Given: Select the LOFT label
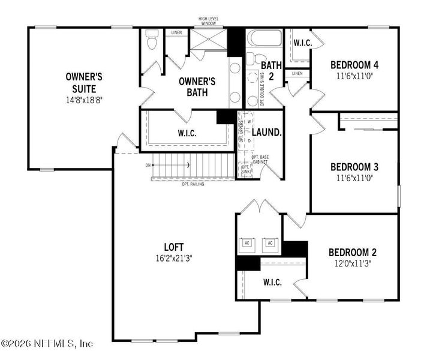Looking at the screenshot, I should [174, 247].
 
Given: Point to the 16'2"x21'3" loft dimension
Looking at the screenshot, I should [173, 257].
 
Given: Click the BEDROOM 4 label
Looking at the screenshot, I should [354, 65].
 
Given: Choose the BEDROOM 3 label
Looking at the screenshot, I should [354, 167].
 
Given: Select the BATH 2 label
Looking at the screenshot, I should [271, 70].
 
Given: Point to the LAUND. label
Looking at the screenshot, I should [266, 131].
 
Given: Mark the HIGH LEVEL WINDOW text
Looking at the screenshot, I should [208, 21].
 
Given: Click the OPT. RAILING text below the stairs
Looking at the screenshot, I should [193, 184].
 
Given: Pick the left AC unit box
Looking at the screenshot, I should [247, 242].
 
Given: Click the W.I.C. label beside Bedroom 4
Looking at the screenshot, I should [302, 42].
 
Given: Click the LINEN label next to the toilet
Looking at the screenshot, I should [176, 32].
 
